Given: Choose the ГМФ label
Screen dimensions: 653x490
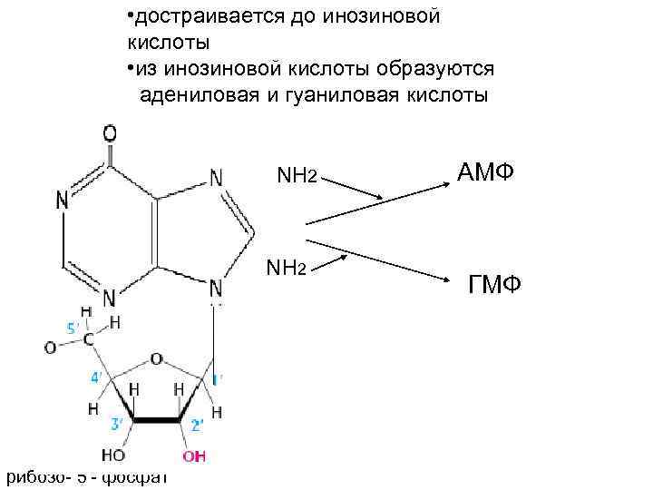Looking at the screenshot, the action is coord(494,287).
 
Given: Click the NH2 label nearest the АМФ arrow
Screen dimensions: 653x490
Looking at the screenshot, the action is coord(297,173).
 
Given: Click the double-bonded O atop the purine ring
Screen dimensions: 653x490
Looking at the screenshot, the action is coord(109,133).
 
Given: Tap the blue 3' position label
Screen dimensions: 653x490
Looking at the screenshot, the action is coord(117,422).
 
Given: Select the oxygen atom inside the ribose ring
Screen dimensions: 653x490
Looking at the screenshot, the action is coord(156,359).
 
